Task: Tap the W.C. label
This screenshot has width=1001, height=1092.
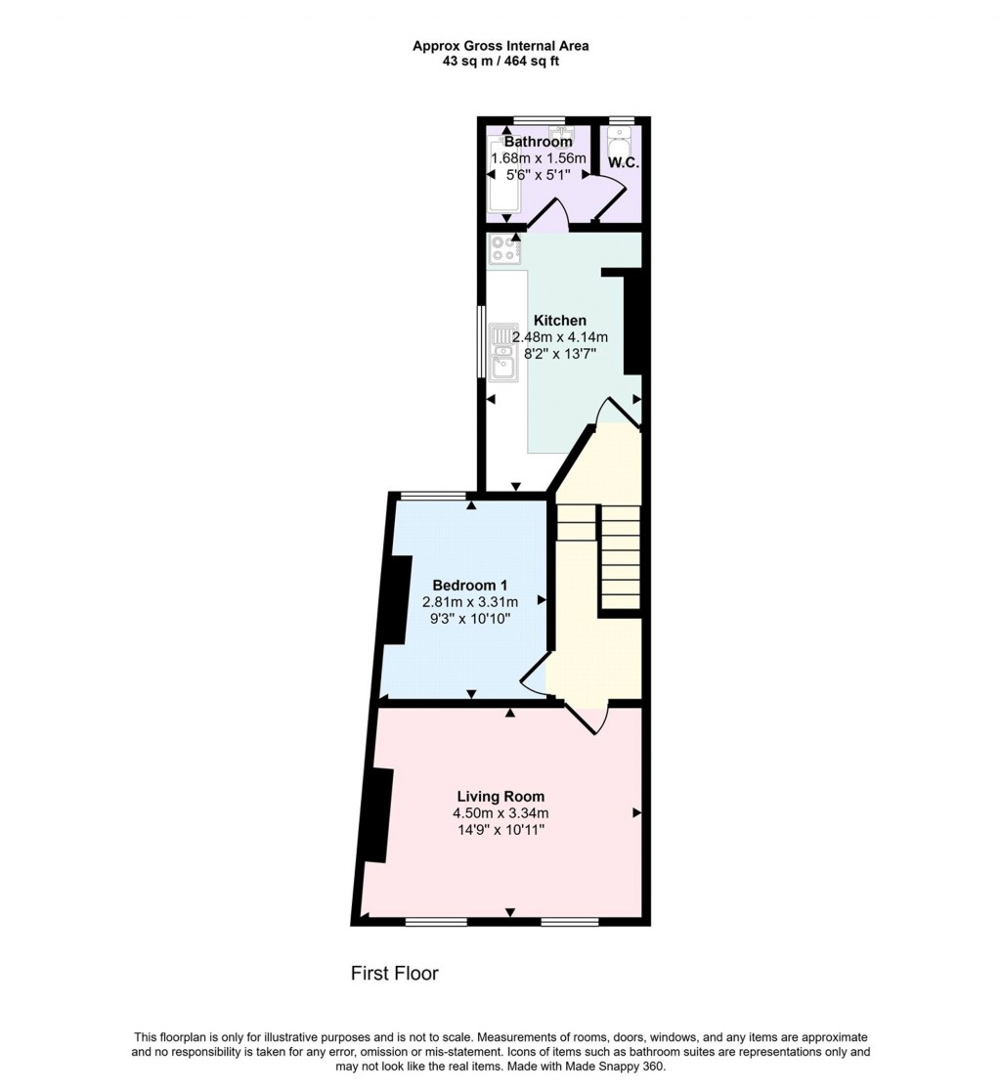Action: pos(624,162)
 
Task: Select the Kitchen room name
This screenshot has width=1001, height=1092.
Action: pos(559,320)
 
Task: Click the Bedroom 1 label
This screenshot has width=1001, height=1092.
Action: pos(470,585)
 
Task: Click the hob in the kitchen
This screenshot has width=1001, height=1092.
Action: pos(505,249)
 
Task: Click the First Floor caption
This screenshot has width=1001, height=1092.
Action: pos(395,974)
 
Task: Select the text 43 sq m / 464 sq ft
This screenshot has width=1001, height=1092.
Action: pos(500,61)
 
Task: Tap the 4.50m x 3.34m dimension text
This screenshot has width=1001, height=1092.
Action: pos(500,813)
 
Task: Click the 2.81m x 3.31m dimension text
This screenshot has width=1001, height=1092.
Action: pos(470,602)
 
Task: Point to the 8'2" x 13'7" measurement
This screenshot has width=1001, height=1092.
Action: pos(559,354)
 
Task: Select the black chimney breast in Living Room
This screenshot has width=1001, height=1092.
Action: pos(375,814)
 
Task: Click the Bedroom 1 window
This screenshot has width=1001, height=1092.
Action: pos(434,496)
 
